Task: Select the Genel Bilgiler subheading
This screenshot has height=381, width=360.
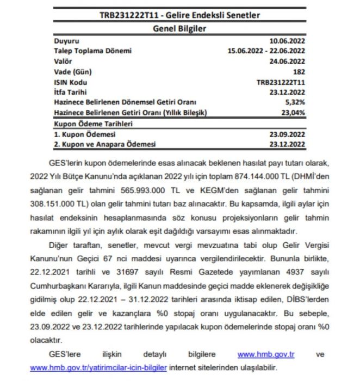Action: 179,28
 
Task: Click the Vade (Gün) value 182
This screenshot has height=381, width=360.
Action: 298,72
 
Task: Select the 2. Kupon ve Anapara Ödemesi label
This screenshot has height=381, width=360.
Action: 104,144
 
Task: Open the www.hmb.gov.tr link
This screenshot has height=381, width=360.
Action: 266,354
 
